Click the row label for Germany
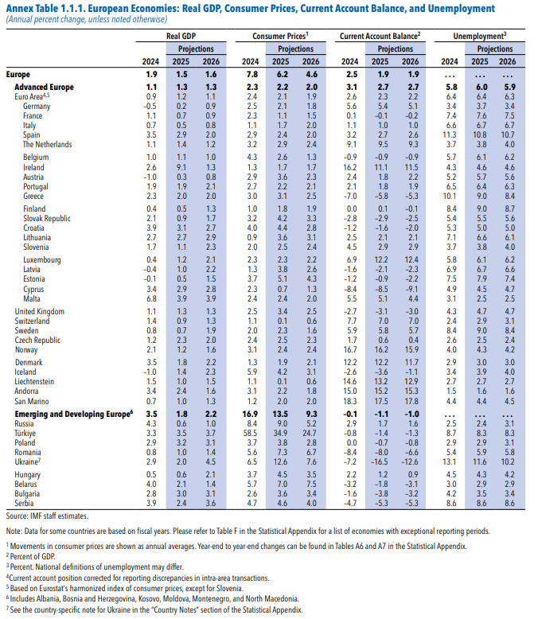point(37,106)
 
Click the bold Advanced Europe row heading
point(45,86)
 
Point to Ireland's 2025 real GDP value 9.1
point(181,168)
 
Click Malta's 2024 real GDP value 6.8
point(150,298)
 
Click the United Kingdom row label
point(40,311)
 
